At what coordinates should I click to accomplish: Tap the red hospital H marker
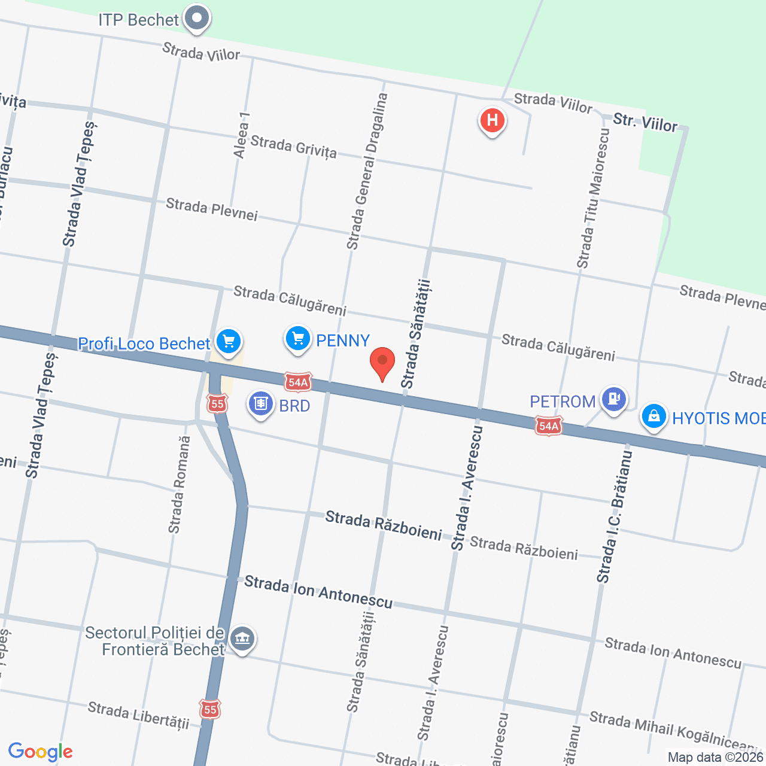click(492, 120)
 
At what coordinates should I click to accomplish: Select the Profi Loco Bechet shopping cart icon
click(228, 342)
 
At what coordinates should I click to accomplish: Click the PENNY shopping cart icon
click(297, 339)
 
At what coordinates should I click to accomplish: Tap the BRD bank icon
click(261, 404)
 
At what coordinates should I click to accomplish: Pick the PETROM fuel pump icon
click(613, 398)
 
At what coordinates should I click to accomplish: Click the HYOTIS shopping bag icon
click(653, 416)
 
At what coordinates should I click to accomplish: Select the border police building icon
click(242, 639)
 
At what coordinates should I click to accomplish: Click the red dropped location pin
click(382, 362)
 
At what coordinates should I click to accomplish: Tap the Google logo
click(40, 752)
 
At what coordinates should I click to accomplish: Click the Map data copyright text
click(716, 757)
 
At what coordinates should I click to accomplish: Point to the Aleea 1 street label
click(241, 135)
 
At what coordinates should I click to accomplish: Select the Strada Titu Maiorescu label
click(592, 198)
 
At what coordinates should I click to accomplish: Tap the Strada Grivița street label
click(293, 146)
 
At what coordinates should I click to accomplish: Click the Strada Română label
click(179, 485)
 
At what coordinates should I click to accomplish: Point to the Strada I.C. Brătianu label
click(615, 517)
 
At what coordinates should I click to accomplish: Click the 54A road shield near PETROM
click(549, 426)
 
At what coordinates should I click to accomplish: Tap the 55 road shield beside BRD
click(217, 404)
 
